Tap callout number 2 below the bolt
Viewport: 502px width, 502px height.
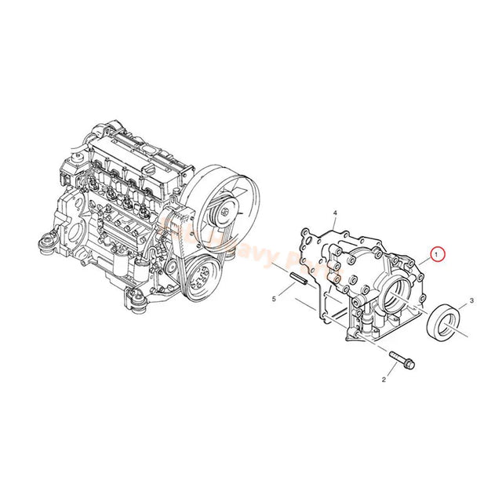pos(384,379)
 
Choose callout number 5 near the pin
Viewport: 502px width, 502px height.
pos(274,299)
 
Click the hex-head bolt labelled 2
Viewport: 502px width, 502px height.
pos(402,360)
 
